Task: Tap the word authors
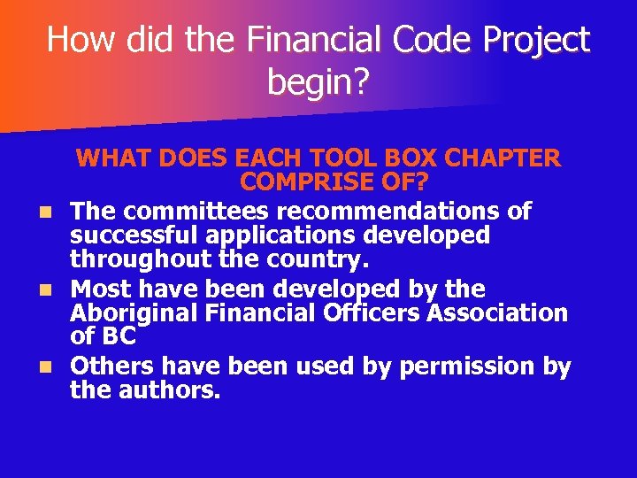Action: pyautogui.click(x=168, y=390)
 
